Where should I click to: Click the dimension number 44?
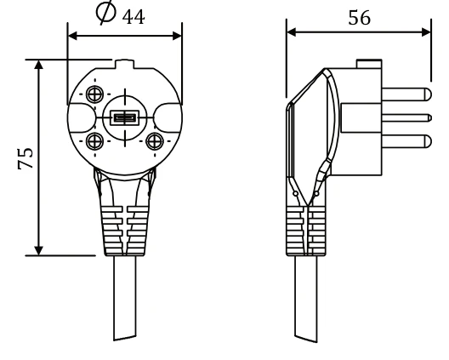[x=134, y=17]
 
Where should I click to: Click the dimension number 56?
[x=360, y=18]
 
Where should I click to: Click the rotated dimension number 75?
[x=26, y=158]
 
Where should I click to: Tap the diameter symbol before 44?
[x=106, y=12]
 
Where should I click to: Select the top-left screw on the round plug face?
[x=94, y=94]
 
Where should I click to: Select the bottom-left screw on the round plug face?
[x=94, y=141]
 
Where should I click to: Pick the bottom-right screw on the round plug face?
[x=155, y=141]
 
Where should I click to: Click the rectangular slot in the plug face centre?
[x=125, y=117]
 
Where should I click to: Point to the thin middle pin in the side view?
[x=406, y=117]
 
